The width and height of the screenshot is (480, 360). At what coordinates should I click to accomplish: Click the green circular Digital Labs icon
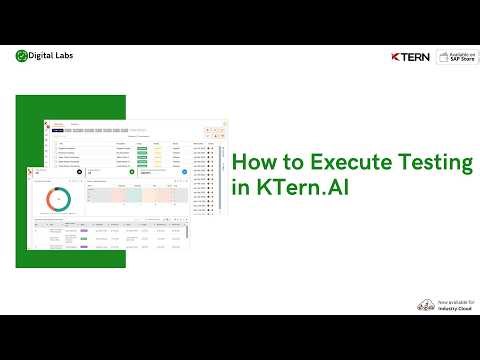click(23, 56)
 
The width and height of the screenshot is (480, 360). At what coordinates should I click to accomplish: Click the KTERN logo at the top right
click(410, 57)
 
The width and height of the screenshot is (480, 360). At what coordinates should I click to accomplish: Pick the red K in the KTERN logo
click(396, 57)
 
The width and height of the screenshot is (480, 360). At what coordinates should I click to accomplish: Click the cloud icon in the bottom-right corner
click(426, 303)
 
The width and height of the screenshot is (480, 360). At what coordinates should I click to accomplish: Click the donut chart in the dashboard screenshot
click(57, 200)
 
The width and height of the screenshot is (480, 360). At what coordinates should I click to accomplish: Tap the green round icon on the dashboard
click(131, 172)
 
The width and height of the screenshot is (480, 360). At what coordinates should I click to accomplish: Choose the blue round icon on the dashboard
click(185, 172)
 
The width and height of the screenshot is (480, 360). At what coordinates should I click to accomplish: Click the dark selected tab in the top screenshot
click(59, 130)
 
